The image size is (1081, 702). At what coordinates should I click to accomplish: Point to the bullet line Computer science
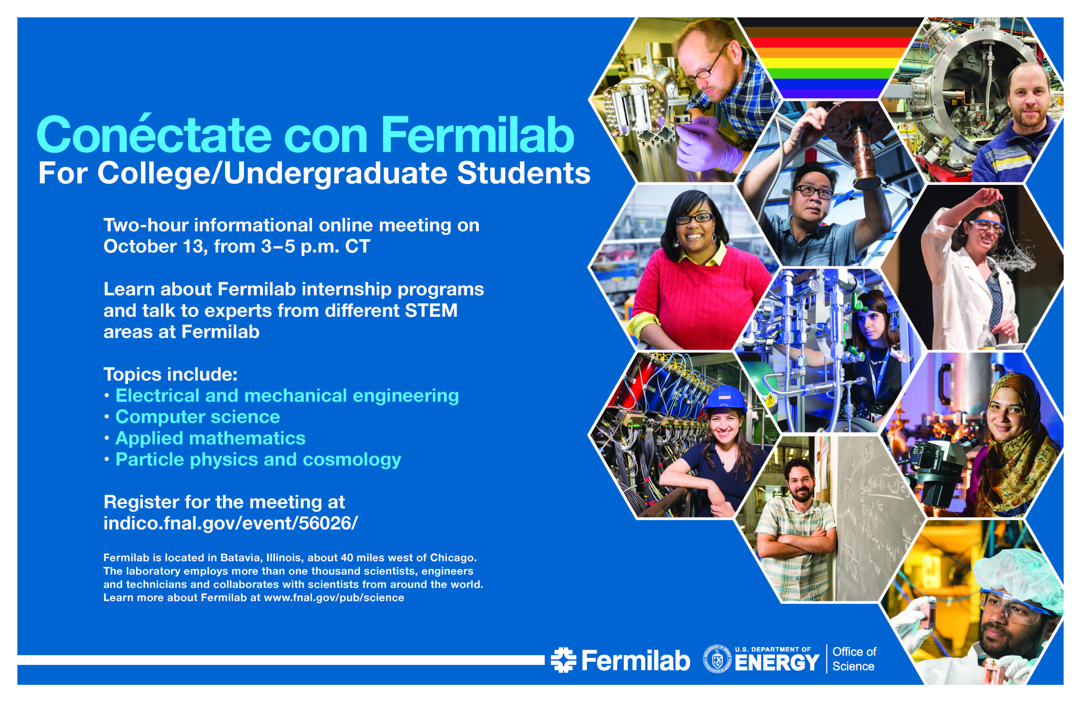coord(198,417)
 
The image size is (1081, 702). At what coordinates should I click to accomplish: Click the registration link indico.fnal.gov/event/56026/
coord(231,523)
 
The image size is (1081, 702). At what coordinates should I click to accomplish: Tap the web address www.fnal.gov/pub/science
coord(334,597)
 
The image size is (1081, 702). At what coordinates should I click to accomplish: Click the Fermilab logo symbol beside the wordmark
coord(563,660)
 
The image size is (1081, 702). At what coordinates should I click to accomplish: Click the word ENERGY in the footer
coord(777,663)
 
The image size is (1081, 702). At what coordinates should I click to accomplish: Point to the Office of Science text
coord(854,659)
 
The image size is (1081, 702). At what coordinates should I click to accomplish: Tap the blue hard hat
coord(725,398)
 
